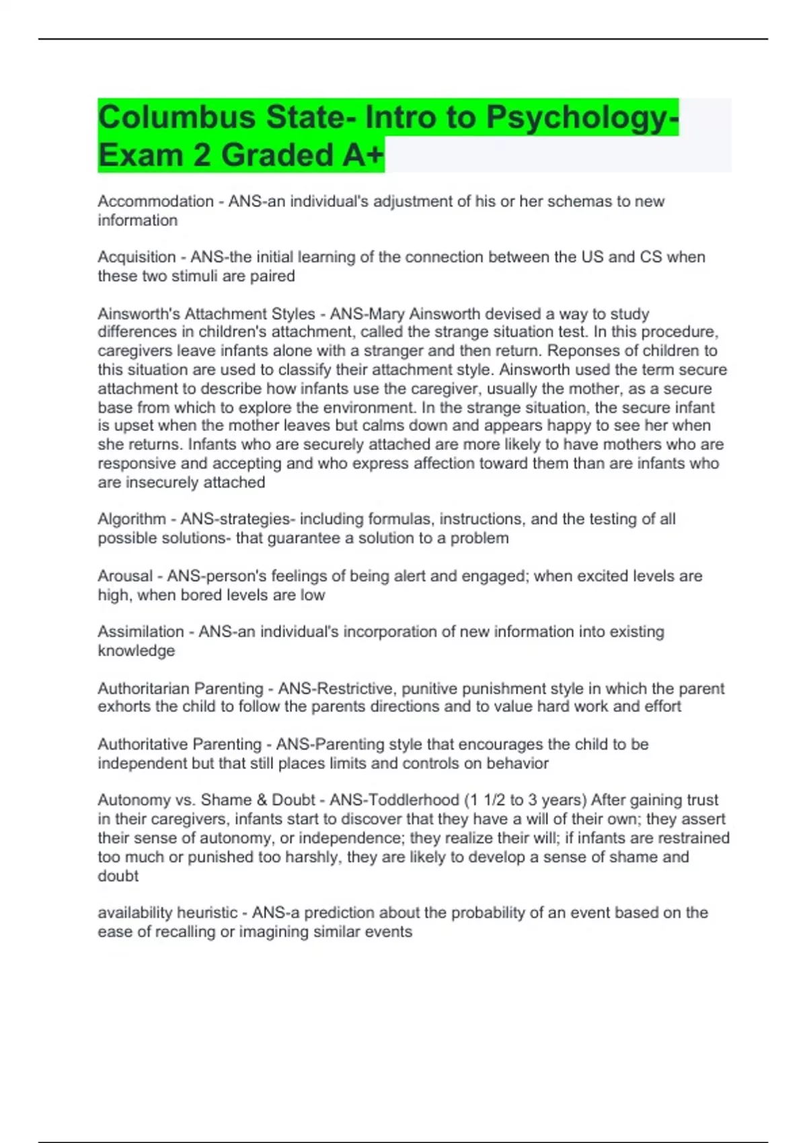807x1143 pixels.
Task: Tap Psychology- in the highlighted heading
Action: pos(582,117)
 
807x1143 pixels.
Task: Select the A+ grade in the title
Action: pos(363,155)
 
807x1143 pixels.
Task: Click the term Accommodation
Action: pos(155,202)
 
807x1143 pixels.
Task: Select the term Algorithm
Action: pos(132,519)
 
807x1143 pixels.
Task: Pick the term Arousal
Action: pos(125,576)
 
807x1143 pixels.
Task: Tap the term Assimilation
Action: pos(141,632)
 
